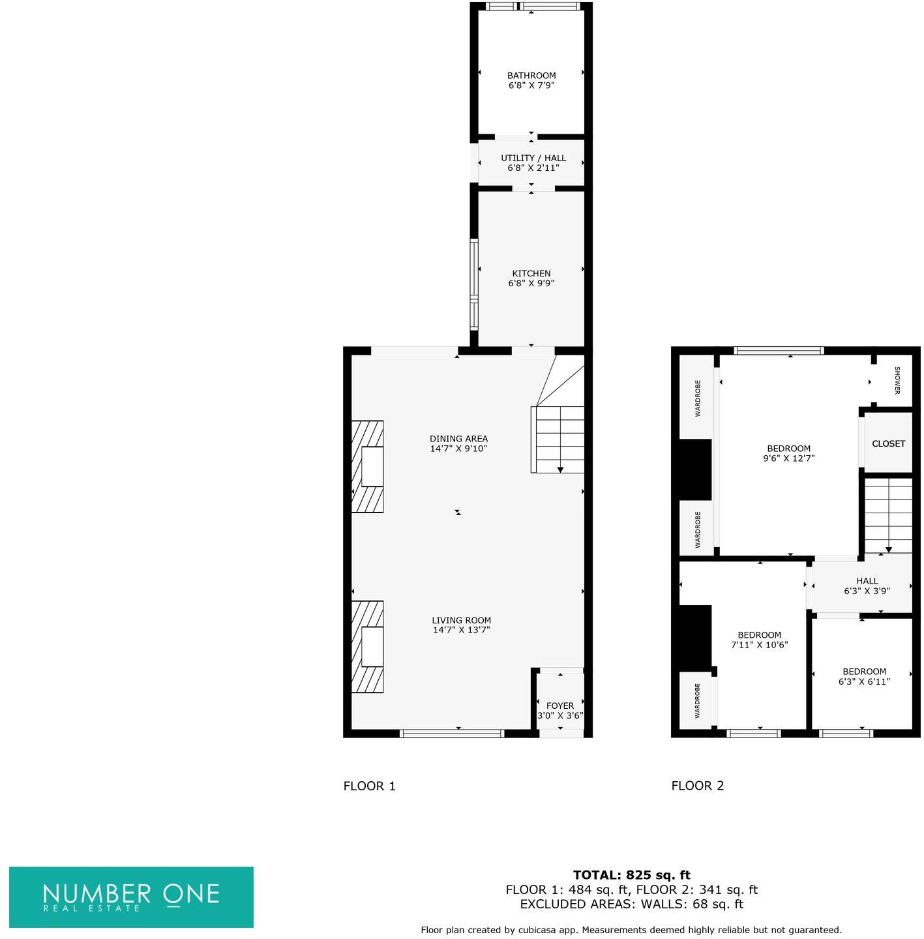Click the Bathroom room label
pos(531,76)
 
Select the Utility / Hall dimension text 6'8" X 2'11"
pos(533,168)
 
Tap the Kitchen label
pos(531,273)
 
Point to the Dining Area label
pos(458,439)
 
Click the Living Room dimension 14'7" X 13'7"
pos(461,630)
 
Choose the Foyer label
pos(559,706)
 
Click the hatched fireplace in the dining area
pos(367,466)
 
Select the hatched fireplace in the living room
pos(367,646)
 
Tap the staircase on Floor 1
pos(558,439)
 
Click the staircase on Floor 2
pos(888,515)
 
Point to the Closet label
pos(888,443)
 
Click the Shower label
pos(897,380)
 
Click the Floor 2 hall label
pos(867,581)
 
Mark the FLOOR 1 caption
pos(369,786)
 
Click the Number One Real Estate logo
pos(131,897)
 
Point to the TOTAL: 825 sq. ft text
pos(631,875)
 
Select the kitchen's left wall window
pos(474,284)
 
